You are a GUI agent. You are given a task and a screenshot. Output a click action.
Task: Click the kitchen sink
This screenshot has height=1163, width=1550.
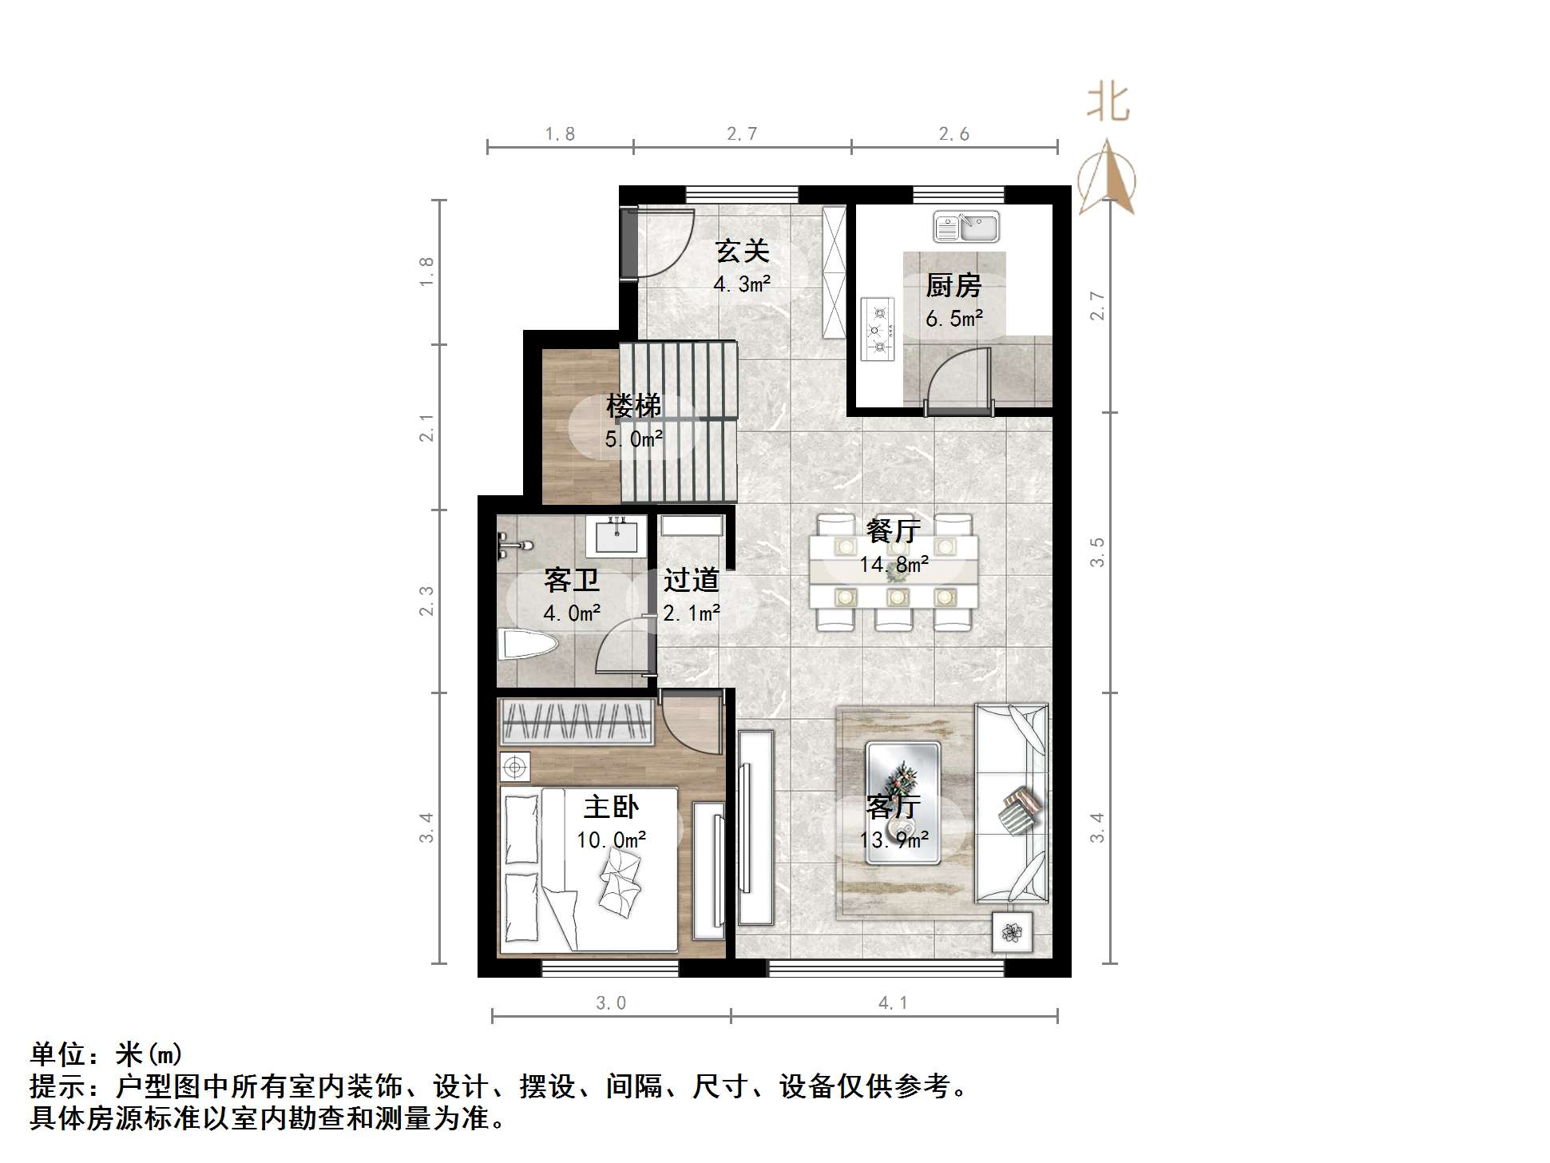click(966, 227)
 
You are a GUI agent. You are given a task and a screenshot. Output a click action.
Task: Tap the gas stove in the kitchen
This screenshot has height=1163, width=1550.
click(878, 328)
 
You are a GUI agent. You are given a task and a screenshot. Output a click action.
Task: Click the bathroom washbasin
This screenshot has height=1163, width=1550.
click(616, 534)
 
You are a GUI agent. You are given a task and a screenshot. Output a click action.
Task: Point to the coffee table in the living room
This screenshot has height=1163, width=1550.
click(903, 802)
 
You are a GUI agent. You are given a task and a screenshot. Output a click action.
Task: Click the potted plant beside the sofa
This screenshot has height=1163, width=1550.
click(1012, 932)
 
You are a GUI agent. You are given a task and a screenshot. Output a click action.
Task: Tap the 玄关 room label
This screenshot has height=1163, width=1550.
click(742, 251)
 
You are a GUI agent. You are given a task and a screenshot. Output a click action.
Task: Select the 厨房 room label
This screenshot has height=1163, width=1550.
click(953, 285)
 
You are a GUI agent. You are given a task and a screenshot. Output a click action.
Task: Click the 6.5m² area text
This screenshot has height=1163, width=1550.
click(953, 319)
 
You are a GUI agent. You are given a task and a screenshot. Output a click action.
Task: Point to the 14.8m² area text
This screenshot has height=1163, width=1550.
click(894, 565)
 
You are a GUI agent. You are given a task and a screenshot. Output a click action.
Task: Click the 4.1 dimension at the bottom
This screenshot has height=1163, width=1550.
click(893, 1003)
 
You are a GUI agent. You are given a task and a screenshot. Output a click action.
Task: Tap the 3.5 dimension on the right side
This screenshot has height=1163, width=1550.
click(1098, 552)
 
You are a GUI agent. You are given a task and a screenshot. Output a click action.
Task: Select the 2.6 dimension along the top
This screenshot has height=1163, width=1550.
click(953, 134)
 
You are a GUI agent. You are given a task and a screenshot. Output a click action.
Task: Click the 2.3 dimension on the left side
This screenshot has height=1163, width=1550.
click(427, 601)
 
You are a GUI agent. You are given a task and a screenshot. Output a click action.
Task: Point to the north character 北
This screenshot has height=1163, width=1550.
click(1108, 104)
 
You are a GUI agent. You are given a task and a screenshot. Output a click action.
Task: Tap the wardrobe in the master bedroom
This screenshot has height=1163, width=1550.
click(577, 722)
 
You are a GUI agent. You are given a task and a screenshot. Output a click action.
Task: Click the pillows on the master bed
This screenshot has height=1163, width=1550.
click(521, 871)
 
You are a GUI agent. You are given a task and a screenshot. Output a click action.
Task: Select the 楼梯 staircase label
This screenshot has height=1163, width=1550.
click(633, 406)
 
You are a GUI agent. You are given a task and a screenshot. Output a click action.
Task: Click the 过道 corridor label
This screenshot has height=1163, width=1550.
click(691, 580)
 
